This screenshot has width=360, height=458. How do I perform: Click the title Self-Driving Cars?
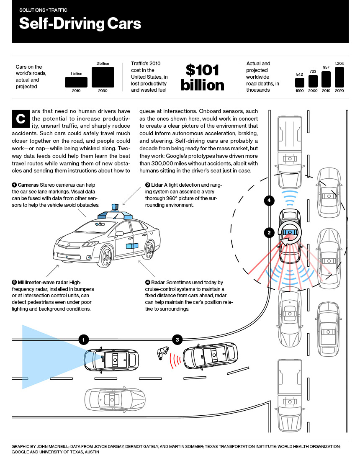point(80,23)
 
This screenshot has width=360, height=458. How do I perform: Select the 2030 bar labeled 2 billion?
point(103,77)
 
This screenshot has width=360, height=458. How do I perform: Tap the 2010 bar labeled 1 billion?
point(76,82)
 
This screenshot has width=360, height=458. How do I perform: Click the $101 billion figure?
point(203,77)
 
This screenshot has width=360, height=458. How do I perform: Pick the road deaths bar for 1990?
point(300,82)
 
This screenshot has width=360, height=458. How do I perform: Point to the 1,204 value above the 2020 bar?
point(339,64)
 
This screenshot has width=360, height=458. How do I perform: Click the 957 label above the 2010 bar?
point(326,67)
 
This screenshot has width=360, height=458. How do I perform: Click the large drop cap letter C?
point(20,119)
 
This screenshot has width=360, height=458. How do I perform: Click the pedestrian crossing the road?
point(162,353)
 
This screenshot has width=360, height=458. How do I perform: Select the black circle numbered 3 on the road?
point(177,340)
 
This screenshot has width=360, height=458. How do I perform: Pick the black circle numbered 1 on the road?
point(84,340)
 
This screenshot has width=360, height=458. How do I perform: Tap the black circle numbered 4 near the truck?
point(269,201)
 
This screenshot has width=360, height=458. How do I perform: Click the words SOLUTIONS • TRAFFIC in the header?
point(43,10)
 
